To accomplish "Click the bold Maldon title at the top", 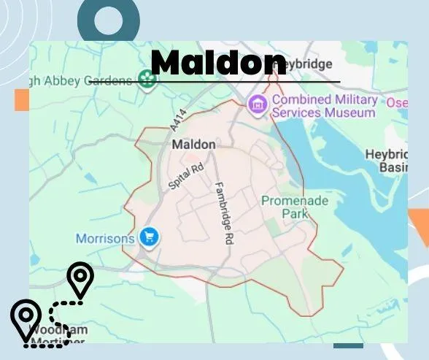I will [218, 63].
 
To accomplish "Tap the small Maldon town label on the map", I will [193, 145].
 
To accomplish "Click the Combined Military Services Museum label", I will [325, 106].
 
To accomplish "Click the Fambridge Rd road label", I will [223, 212].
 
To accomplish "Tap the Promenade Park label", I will [295, 207].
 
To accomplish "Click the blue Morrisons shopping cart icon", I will [150, 237].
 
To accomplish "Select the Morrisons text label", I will [105, 238].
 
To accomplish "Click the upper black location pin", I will [80, 279].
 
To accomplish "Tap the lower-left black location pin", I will [26, 318].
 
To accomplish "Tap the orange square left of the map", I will [21, 100].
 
